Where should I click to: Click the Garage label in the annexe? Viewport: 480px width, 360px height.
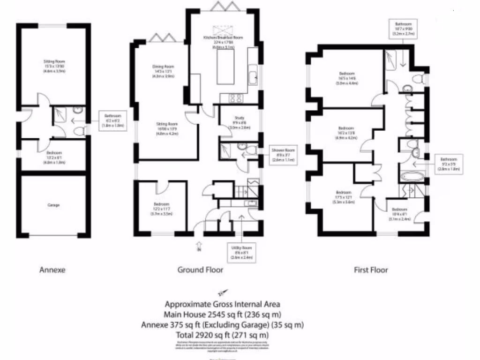coord(54,205)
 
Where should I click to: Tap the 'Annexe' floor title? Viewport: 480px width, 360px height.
coord(52,270)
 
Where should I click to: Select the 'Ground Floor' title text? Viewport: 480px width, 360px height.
coord(200,270)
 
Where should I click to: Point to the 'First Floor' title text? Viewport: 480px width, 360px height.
coord(371,270)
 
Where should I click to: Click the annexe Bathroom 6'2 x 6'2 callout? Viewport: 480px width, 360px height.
coord(112,122)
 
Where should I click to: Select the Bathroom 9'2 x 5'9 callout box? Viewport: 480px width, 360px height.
coord(448,165)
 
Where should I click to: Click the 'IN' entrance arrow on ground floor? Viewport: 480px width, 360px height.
coord(199,246)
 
